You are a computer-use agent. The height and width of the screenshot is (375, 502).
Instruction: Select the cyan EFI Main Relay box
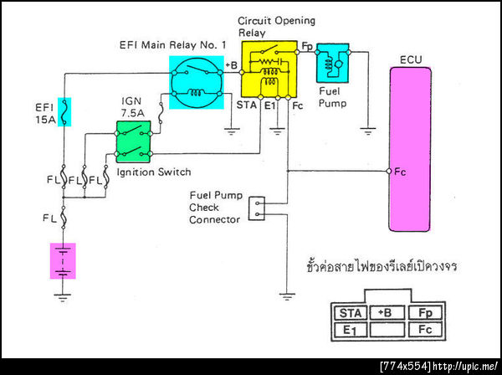pyautogui.click(x=197, y=81)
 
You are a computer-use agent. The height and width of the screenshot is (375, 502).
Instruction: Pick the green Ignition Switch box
pyautogui.click(x=135, y=140)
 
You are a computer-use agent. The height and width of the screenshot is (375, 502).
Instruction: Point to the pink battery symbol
pyautogui.click(x=64, y=259)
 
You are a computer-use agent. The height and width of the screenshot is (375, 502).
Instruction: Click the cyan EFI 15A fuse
pyautogui.click(x=65, y=110)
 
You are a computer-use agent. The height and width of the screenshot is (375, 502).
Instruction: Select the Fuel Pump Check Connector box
pyautogui.click(x=257, y=207)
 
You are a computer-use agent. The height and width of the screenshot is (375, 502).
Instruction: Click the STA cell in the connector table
pyautogui.click(x=350, y=313)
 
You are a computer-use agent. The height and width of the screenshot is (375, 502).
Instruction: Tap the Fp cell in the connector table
pyautogui.click(x=424, y=313)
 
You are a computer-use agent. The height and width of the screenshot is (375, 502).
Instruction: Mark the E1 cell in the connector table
pyautogui.click(x=350, y=331)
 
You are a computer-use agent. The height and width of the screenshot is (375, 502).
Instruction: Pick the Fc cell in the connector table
pyautogui.click(x=424, y=331)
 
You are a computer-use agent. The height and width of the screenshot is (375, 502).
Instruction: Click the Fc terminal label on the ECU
pyautogui.click(x=401, y=172)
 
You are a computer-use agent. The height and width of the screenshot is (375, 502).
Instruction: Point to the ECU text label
pyautogui.click(x=412, y=60)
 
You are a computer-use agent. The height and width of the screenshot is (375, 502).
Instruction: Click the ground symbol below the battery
pyautogui.click(x=64, y=295)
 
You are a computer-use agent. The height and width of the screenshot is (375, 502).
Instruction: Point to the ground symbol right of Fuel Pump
pyautogui.click(x=366, y=130)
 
